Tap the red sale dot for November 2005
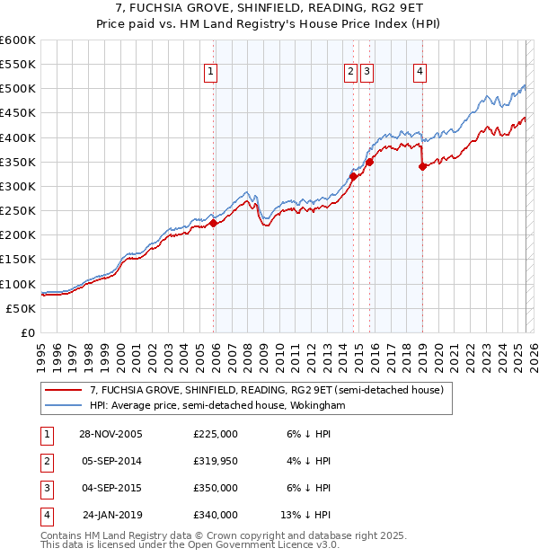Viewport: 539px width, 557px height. tap(214, 224)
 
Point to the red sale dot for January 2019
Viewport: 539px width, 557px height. tap(422, 167)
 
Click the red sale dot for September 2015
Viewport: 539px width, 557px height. tap(369, 163)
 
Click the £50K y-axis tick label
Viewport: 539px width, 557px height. tap(22, 308)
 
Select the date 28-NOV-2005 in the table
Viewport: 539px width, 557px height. tap(111, 434)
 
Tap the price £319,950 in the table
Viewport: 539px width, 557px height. tap(215, 461)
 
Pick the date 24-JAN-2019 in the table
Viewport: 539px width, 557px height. tap(111, 515)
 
